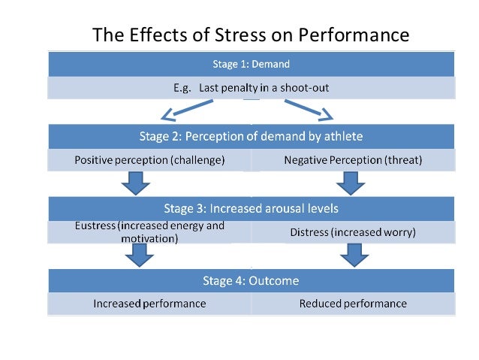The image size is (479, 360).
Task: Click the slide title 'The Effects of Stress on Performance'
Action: click(x=251, y=35)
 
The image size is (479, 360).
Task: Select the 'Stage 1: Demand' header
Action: click(x=251, y=64)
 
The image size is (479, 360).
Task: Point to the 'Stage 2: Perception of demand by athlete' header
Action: click(x=251, y=136)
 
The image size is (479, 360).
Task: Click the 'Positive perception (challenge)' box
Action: click(x=149, y=160)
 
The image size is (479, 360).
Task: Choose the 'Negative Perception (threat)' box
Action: click(x=353, y=160)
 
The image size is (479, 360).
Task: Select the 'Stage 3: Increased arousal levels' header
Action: click(x=251, y=208)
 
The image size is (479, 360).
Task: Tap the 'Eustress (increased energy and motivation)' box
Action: click(x=149, y=231)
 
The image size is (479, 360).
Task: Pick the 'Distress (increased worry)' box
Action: click(x=353, y=232)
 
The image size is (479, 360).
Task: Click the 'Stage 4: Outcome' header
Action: click(x=251, y=280)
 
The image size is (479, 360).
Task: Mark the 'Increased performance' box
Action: click(x=149, y=304)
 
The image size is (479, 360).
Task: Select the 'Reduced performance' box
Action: click(x=353, y=304)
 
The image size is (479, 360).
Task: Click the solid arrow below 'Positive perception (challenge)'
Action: click(x=135, y=183)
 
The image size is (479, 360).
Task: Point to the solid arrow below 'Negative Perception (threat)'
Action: click(x=350, y=183)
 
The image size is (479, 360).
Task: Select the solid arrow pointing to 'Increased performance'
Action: click(x=135, y=256)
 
